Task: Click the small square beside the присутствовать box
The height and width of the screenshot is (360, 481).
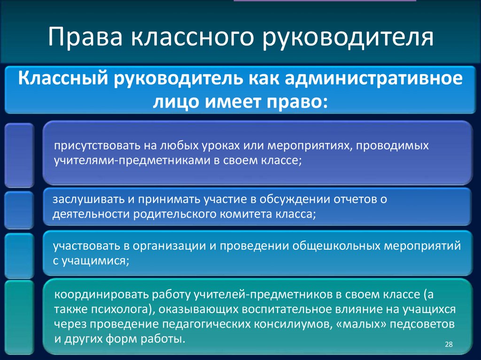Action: [x=19, y=155]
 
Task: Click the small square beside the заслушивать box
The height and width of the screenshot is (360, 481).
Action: [x=19, y=209]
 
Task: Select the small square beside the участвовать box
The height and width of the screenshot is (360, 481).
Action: [x=19, y=255]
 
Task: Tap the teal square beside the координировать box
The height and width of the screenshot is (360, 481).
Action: [x=19, y=317]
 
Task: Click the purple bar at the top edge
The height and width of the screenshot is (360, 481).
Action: [x=325, y=1]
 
